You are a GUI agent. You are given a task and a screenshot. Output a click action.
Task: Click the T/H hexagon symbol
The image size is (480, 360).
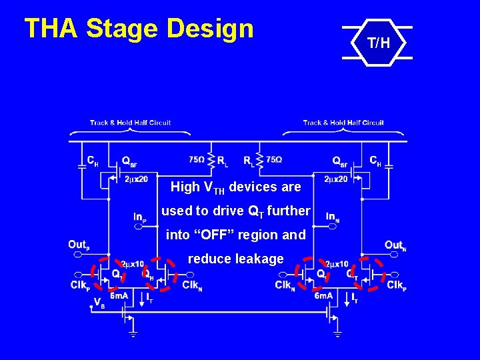[x=377, y=44]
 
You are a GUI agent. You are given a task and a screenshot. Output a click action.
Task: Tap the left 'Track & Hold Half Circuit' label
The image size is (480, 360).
[x=131, y=123]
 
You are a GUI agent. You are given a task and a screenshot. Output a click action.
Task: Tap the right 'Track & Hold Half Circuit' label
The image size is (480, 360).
[x=343, y=123]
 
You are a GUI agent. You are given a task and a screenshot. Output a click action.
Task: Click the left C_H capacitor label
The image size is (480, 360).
[x=93, y=161]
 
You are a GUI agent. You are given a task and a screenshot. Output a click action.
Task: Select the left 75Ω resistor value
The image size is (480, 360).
[x=196, y=160]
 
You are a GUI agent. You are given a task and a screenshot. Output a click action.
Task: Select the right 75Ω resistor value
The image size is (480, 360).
[x=274, y=160]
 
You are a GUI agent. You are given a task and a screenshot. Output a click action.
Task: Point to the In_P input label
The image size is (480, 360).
[x=140, y=217]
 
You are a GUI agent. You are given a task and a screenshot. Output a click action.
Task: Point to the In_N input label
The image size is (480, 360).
[x=333, y=217]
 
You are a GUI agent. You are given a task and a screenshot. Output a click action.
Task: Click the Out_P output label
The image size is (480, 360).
[x=79, y=245]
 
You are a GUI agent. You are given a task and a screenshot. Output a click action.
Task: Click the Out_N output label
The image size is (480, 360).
[x=395, y=245]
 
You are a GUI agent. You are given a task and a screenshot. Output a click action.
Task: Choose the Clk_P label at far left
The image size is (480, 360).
[x=80, y=285]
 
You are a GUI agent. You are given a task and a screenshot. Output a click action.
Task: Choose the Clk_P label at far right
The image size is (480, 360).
[x=396, y=285]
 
